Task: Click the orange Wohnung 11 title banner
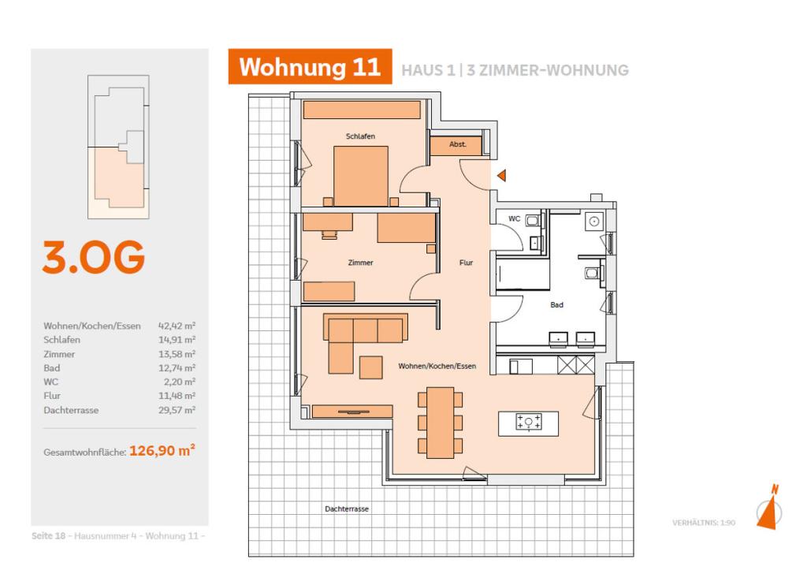[x=310, y=67]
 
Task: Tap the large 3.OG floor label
[x=93, y=258]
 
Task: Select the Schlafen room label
[x=360, y=136]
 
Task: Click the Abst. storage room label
[x=458, y=145]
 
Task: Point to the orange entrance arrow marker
[x=500, y=176]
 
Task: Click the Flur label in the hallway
[x=467, y=263]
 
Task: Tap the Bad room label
[x=556, y=304]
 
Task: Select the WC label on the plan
[x=514, y=218]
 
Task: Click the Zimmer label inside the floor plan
[x=361, y=263]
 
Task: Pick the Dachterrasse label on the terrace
[x=347, y=509]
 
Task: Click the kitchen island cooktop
[x=528, y=423]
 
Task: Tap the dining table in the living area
[x=440, y=423]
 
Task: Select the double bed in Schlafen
[x=361, y=176]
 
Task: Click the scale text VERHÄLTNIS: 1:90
[x=703, y=523]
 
